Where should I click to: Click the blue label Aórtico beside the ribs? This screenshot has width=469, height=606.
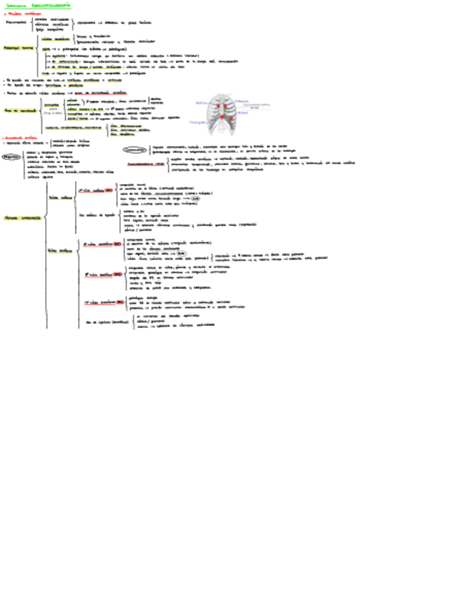[202, 102]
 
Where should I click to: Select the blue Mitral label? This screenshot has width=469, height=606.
[243, 112]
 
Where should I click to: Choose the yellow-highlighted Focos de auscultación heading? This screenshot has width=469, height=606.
[19, 111]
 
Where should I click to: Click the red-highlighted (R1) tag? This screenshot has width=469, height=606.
[109, 190]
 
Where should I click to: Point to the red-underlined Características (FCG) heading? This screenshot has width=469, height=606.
[147, 164]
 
